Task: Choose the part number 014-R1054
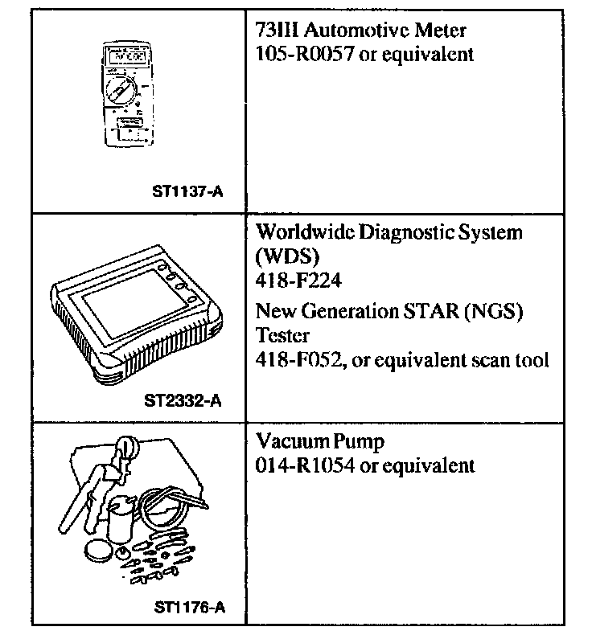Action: [x=296, y=465]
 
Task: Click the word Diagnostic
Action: [x=395, y=233]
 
